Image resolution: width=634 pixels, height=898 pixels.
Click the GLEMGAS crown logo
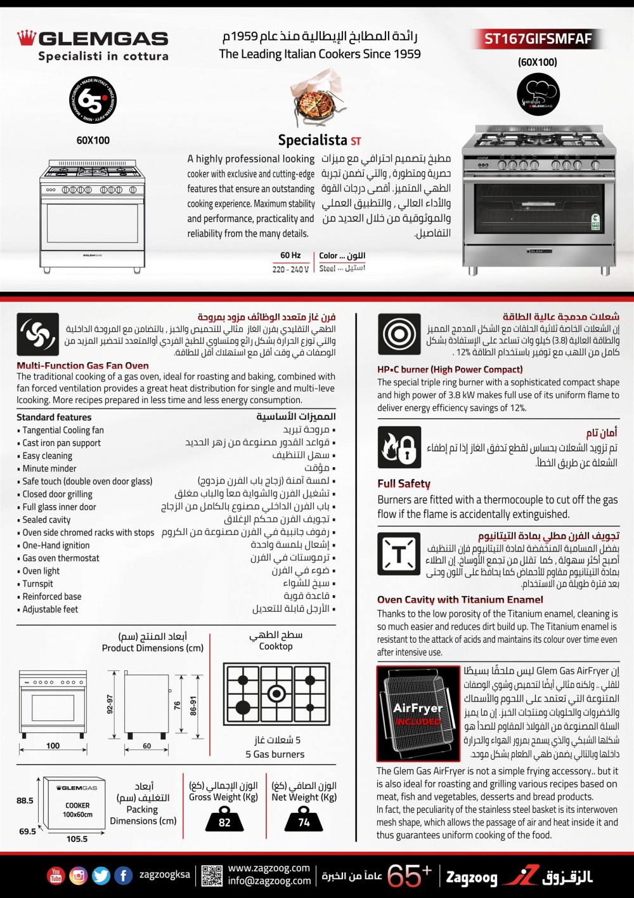point(26,38)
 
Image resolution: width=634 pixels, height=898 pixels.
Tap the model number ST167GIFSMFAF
point(538,39)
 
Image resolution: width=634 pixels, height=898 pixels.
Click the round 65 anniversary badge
point(93,100)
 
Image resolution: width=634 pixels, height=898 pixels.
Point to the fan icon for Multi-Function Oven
point(37,334)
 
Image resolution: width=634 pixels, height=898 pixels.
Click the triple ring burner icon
point(399,334)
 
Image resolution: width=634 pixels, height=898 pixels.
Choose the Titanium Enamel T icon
point(399,554)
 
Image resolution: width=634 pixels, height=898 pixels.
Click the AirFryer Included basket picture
point(418,713)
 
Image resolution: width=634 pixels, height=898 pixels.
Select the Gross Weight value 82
point(224,822)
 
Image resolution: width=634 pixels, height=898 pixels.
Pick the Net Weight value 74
point(304,822)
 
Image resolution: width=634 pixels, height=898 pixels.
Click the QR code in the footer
point(212,876)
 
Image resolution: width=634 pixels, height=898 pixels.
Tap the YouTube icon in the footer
point(56,876)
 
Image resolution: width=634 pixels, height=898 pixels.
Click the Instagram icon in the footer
point(78,876)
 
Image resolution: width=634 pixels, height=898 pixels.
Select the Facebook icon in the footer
point(123,876)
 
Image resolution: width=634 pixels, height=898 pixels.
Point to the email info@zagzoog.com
point(269,881)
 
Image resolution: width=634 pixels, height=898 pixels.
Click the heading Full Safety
point(404,484)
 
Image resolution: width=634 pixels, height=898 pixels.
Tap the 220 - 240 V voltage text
point(290,269)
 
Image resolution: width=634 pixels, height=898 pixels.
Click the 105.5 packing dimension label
point(77,839)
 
